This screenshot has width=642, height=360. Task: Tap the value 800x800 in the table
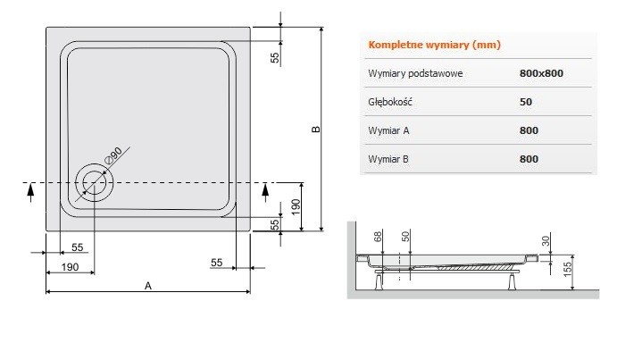tap(540, 74)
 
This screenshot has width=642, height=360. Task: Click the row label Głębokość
tap(390, 103)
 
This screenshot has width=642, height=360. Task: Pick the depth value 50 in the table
tap(526, 103)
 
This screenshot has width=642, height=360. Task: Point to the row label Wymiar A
tap(388, 131)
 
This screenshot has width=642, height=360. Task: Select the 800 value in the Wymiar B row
tap(529, 160)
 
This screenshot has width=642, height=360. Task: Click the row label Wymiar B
tap(388, 160)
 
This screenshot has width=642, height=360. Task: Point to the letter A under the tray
tap(148, 286)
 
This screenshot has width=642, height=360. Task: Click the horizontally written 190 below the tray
tap(71, 268)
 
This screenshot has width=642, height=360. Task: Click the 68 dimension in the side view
tap(379, 236)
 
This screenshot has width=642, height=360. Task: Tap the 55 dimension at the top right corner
tap(275, 57)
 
